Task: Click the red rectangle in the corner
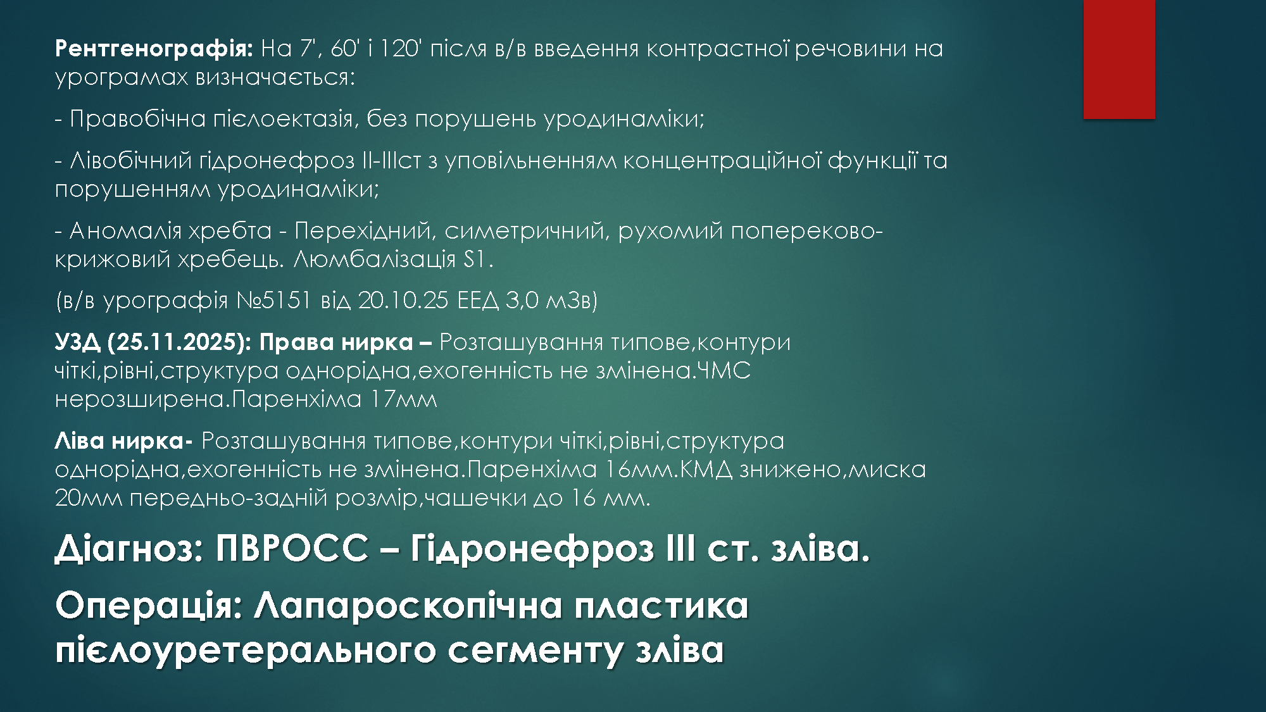coord(1119,59)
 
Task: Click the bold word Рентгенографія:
coord(154,49)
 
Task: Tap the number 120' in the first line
coord(399,48)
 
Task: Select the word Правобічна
coord(138,119)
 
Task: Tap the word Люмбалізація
coord(375,259)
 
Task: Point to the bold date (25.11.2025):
coord(180,342)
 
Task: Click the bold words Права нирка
coord(335,342)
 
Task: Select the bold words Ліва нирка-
coord(124,441)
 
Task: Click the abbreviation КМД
coord(700,470)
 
